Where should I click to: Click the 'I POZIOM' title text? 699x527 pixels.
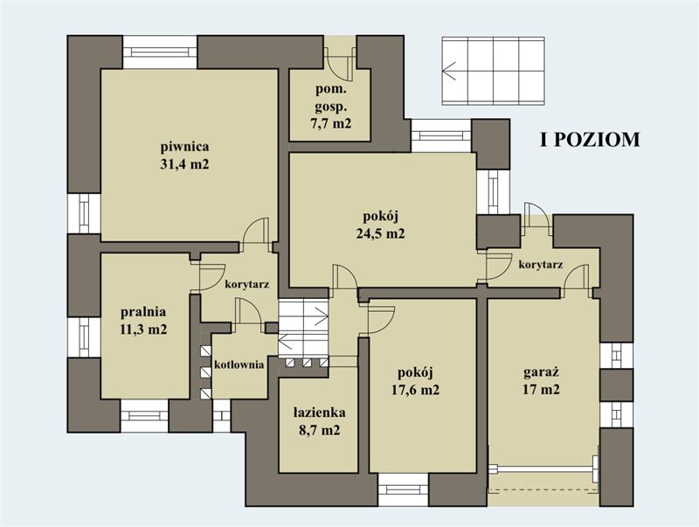tap(590, 140)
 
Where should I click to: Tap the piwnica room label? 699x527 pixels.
tap(184, 146)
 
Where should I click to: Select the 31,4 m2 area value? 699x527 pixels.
tap(184, 164)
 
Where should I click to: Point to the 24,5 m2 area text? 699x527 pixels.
tap(380, 233)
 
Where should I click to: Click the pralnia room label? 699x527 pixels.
tap(143, 312)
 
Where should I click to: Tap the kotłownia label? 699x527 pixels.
tap(239, 364)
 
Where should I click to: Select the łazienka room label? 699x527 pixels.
tap(319, 413)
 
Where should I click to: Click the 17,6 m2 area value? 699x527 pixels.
tap(416, 390)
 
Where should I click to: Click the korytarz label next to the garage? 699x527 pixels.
tap(540, 265)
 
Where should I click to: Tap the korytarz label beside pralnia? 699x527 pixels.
tap(247, 284)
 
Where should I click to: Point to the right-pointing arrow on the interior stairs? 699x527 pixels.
tap(322, 316)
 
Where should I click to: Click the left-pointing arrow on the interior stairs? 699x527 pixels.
tap(285, 343)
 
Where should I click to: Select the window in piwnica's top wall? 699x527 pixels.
tap(160, 52)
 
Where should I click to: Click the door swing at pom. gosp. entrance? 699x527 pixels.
tap(338, 64)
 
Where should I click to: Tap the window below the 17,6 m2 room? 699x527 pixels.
tap(404, 489)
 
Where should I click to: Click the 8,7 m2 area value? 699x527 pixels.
tap(319, 431)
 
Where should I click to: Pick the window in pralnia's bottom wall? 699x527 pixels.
tap(144, 415)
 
